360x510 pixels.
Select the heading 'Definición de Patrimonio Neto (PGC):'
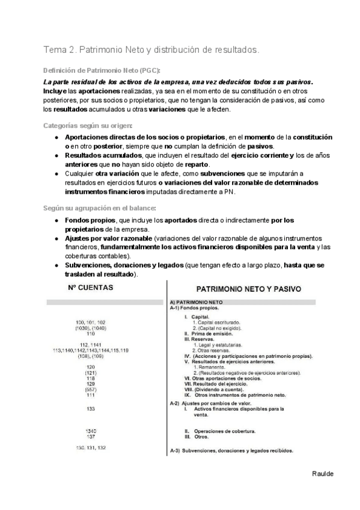[101, 70]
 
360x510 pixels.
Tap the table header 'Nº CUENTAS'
[90, 287]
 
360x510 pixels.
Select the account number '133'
[91, 409]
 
